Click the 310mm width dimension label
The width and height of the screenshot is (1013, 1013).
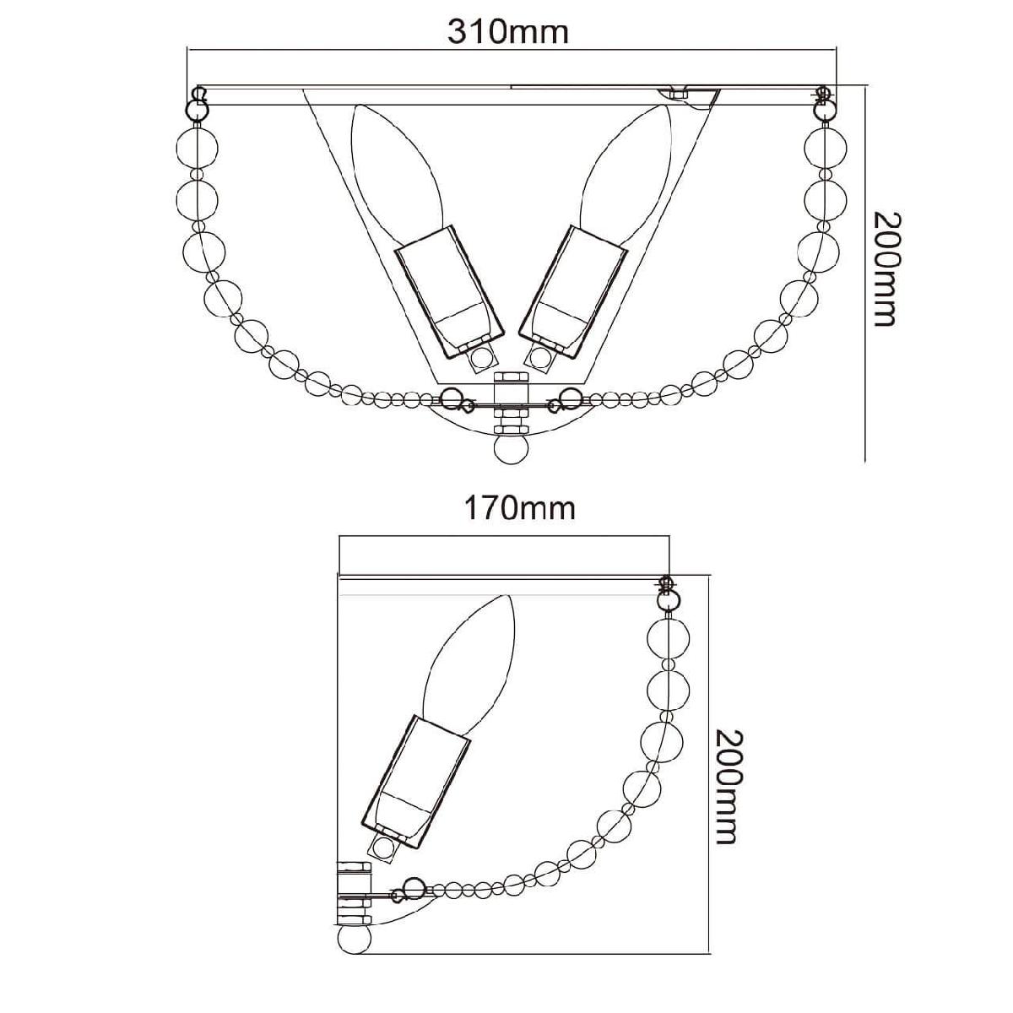pos(508,33)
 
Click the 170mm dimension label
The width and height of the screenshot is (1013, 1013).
pos(519,508)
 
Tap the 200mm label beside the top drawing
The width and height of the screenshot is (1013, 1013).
pos(886,269)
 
